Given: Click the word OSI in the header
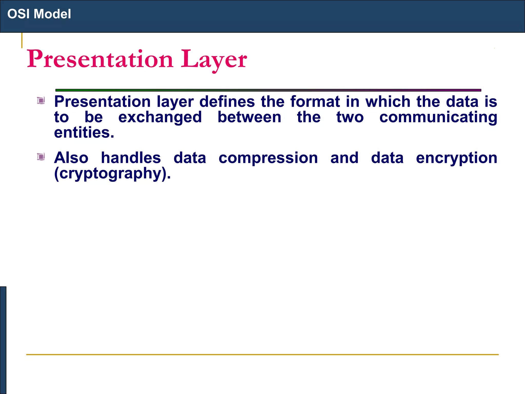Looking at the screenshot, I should [x=18, y=14].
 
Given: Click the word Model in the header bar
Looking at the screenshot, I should [x=52, y=14].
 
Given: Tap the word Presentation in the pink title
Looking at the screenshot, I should [x=100, y=59].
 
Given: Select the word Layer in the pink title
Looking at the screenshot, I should [x=214, y=59].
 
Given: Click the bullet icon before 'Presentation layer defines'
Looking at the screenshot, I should [x=41, y=100].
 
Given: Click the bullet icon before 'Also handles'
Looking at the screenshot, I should [x=41, y=156].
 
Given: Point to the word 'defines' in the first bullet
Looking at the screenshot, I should [x=227, y=102].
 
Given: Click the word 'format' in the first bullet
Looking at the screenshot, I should [x=315, y=102].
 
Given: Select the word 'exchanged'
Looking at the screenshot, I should [x=160, y=117].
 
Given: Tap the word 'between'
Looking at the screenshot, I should [x=249, y=117].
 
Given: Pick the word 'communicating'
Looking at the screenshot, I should [x=438, y=117].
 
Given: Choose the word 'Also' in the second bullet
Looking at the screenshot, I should [x=71, y=158].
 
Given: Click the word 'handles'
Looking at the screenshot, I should [x=131, y=158].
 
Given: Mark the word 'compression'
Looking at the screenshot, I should [x=268, y=158].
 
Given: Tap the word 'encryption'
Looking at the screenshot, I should [x=457, y=158].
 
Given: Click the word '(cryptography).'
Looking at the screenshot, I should [x=112, y=174].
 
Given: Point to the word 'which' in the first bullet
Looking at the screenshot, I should [x=388, y=102].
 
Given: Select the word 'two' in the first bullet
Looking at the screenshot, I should [x=350, y=118].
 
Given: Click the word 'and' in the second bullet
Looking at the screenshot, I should [x=344, y=158].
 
